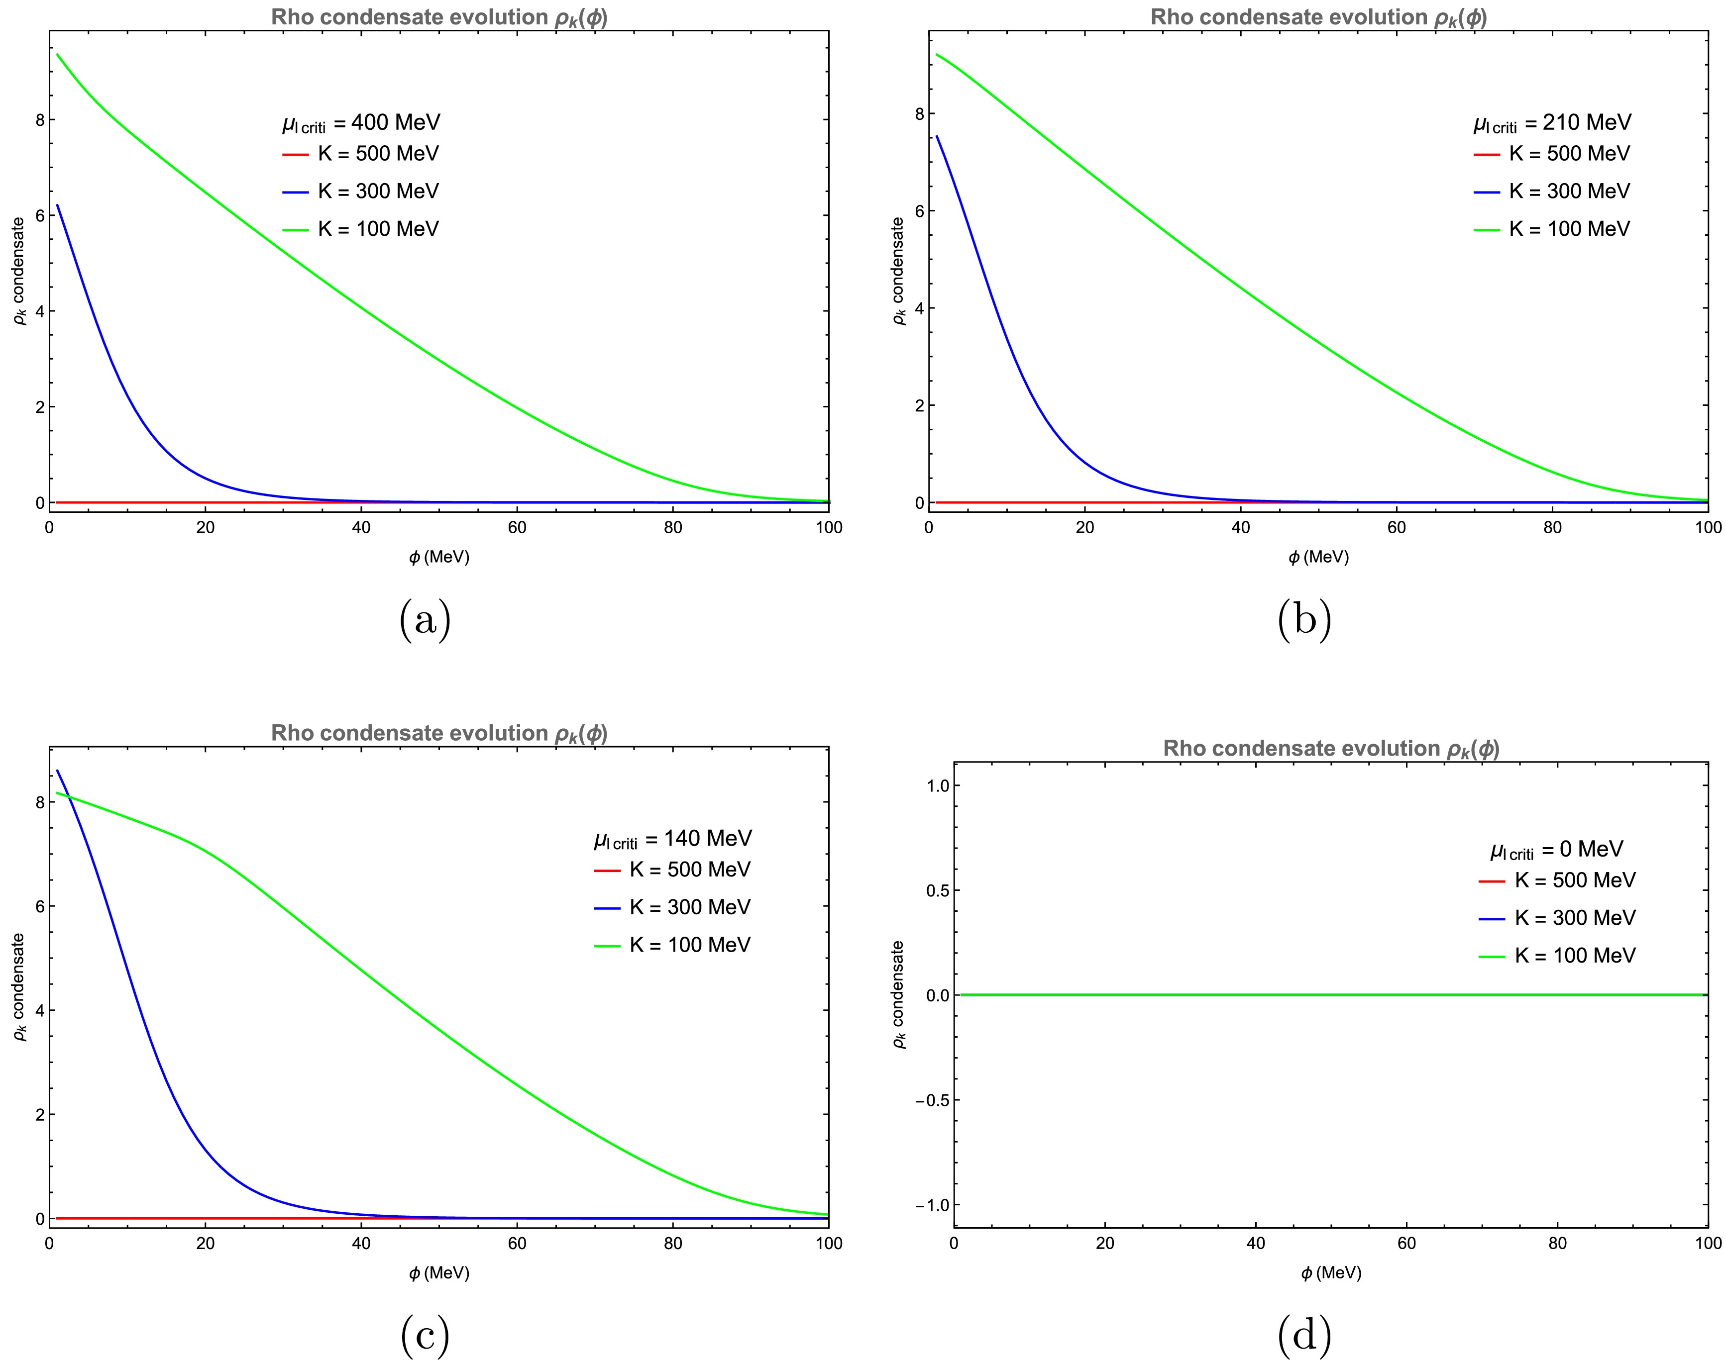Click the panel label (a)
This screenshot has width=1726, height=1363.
[425, 620]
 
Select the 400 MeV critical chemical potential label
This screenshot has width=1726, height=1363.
[361, 123]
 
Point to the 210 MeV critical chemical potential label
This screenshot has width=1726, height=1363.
[1552, 123]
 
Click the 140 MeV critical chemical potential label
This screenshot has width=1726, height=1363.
[672, 839]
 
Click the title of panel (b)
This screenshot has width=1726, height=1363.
[1318, 17]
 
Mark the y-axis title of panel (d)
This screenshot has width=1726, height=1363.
[898, 994]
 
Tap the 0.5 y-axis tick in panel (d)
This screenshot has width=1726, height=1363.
[938, 890]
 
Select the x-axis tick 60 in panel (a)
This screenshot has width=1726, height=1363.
[517, 527]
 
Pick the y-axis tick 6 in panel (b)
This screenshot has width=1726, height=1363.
[919, 211]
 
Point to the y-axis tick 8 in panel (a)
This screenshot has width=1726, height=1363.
[40, 120]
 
